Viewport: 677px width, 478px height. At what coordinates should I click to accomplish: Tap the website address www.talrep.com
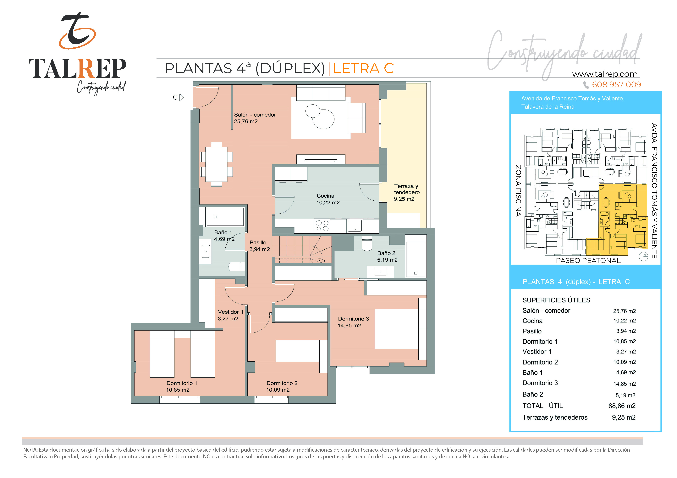point(605,74)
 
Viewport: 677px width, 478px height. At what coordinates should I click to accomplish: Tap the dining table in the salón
point(216,164)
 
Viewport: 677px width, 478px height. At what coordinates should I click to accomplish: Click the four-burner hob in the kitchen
point(322,226)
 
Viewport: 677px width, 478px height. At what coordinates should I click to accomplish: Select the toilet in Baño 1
point(236,267)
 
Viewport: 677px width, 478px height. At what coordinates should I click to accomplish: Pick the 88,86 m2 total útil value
point(622,406)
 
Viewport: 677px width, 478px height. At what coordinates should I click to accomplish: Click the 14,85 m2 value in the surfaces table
point(625,384)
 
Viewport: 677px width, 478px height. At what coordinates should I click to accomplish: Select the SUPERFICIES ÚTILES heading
point(556,300)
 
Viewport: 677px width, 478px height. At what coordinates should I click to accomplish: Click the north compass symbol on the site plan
point(643,256)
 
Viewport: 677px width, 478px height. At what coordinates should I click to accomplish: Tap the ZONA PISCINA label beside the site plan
point(518,191)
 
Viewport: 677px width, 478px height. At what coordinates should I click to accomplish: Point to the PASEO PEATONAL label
point(588,261)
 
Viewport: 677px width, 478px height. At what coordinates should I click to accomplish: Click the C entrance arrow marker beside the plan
point(178,97)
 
